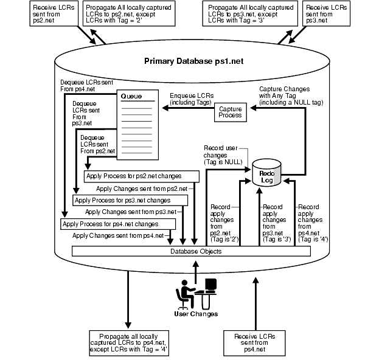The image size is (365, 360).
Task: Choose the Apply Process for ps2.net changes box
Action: tap(142, 176)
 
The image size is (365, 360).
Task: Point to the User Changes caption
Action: tap(196, 314)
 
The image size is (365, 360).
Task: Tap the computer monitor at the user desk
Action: tap(211, 286)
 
